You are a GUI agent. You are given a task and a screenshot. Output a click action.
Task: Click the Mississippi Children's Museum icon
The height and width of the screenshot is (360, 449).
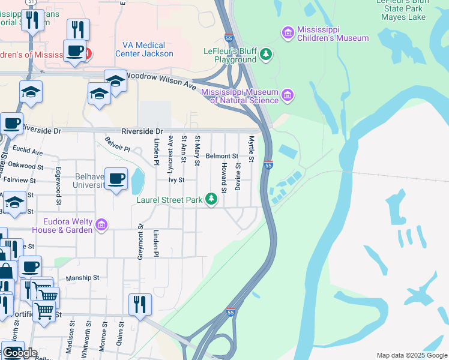[x=288, y=31]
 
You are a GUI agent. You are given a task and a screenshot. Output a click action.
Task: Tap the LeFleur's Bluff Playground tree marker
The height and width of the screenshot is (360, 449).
[x=266, y=55]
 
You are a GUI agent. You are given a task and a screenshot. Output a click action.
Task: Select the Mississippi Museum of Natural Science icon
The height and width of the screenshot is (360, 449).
[x=288, y=95]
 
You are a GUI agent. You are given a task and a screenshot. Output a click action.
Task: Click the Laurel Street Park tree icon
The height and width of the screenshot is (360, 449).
[x=211, y=199]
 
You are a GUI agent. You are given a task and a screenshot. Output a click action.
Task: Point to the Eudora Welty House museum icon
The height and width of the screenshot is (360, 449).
[x=101, y=225]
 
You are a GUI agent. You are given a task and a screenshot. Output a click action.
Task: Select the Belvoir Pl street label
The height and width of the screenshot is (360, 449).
[x=117, y=144]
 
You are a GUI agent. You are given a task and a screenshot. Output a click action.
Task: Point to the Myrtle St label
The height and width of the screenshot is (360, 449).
[x=252, y=148]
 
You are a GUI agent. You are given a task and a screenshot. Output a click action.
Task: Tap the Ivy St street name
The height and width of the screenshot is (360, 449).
[x=175, y=179]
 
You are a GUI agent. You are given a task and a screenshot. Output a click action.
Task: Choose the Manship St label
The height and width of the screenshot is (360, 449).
[x=82, y=278]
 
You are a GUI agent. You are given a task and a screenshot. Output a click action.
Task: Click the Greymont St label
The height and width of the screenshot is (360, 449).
[x=140, y=241]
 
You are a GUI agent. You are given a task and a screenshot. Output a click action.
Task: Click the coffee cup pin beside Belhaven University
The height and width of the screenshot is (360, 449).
[x=116, y=178]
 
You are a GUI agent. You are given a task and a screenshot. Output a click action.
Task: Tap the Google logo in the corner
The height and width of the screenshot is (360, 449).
[x=20, y=353]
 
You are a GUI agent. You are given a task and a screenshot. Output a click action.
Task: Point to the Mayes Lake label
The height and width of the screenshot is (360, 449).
[x=403, y=17]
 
